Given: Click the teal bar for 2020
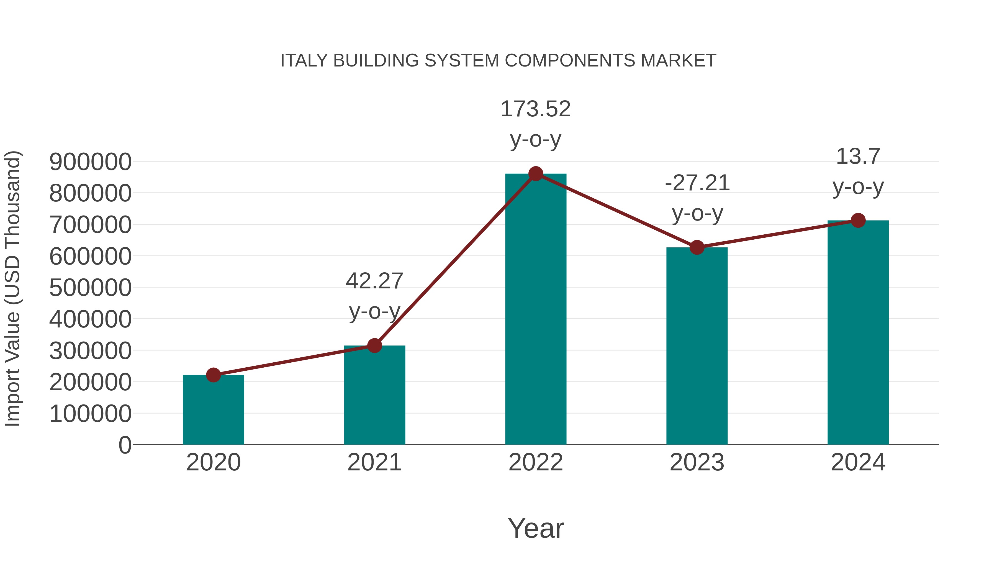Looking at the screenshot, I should (213, 410).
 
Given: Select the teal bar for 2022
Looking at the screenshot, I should (536, 310).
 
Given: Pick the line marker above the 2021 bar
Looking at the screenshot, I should (374, 345).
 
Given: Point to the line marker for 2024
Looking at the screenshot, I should (858, 220).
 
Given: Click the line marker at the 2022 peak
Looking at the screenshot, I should (536, 174).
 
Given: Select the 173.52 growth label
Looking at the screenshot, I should (536, 109).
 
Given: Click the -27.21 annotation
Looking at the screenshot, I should (697, 183).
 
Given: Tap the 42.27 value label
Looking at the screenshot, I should (374, 281).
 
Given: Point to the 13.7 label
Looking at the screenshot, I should (858, 157).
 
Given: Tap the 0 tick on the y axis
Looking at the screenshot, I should (125, 445).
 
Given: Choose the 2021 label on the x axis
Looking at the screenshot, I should (374, 462).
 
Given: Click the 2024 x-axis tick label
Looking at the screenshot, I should (858, 462).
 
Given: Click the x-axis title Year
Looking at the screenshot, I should (536, 528).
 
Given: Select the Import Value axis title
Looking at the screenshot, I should (12, 288).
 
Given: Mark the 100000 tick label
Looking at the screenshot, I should (90, 414).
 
